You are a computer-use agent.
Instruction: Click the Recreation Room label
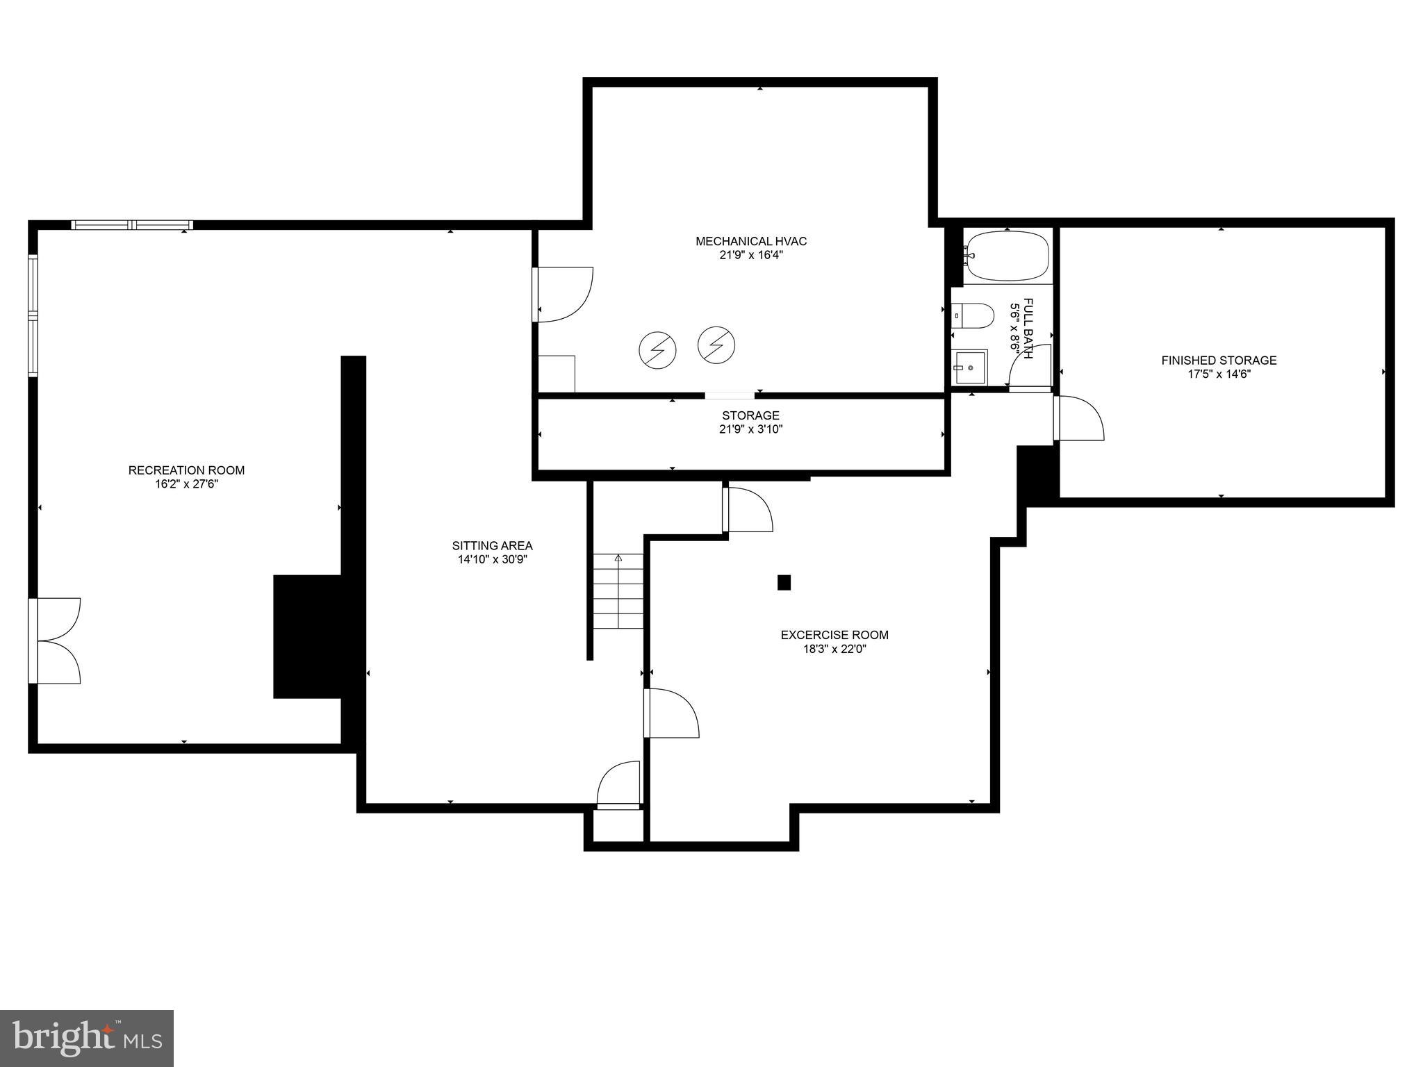pos(186,470)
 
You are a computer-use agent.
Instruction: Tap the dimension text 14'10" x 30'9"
pos(492,560)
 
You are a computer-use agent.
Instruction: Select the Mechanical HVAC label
pos(751,241)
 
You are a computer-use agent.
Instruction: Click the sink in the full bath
pos(970,367)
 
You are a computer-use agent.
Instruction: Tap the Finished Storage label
pos(1219,361)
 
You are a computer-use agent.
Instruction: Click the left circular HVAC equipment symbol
pos(657,350)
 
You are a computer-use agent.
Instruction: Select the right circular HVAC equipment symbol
pos(716,345)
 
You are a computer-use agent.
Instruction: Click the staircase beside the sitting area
pos(618,591)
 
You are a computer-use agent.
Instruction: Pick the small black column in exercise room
pos(784,582)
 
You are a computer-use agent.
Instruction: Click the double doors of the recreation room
pos(56,640)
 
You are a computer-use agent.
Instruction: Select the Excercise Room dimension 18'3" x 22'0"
pos(834,650)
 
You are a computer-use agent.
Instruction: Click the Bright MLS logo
pos(87,1039)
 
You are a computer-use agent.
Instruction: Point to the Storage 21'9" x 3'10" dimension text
pos(750,429)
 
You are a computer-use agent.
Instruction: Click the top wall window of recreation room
pos(132,225)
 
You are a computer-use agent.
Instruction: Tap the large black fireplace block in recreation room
pos(308,636)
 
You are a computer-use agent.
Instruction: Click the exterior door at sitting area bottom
pos(618,786)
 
